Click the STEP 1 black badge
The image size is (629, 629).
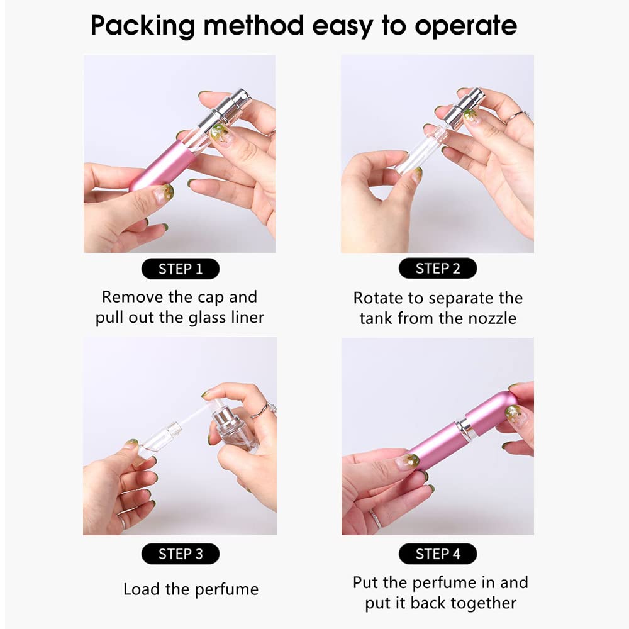181,269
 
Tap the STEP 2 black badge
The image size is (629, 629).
438,269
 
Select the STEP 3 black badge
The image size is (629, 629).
181,554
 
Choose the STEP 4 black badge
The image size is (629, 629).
438,554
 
